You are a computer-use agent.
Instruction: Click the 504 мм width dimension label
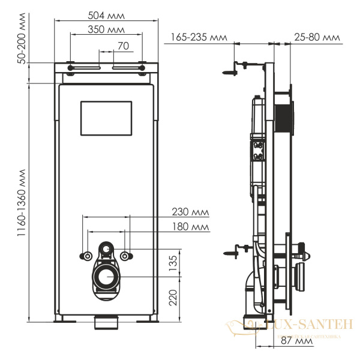109,14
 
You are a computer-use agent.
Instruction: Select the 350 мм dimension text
109,29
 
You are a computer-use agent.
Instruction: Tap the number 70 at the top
123,45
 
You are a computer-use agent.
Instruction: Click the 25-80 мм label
317,37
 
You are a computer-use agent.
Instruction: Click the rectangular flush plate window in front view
106,118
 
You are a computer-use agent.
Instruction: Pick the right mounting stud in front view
125,256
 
